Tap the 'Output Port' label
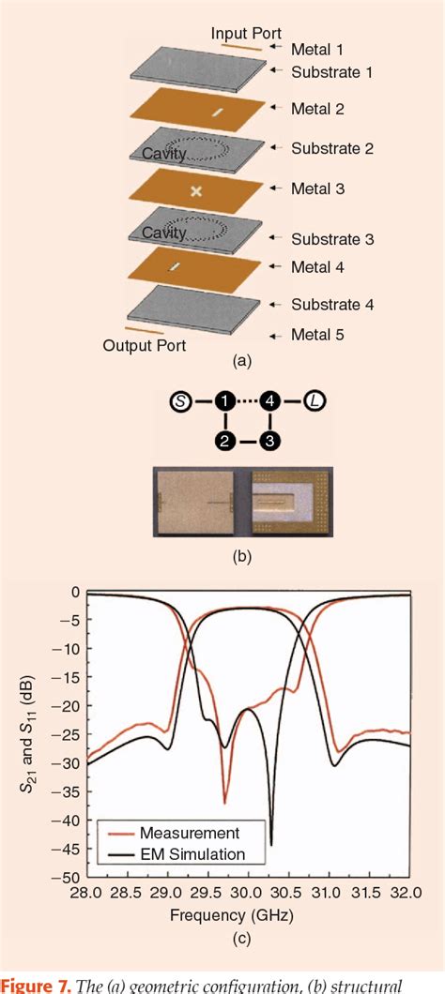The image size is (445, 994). pyautogui.click(x=144, y=345)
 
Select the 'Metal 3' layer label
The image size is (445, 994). pyautogui.click(x=318, y=188)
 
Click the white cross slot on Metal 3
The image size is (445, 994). pyautogui.click(x=196, y=191)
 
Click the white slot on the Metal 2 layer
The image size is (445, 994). pyautogui.click(x=218, y=113)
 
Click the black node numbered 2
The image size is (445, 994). pyautogui.click(x=225, y=441)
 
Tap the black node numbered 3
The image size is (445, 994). pyautogui.click(x=270, y=441)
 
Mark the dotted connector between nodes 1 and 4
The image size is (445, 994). pyautogui.click(x=248, y=402)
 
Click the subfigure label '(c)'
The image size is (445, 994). pyautogui.click(x=248, y=935)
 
